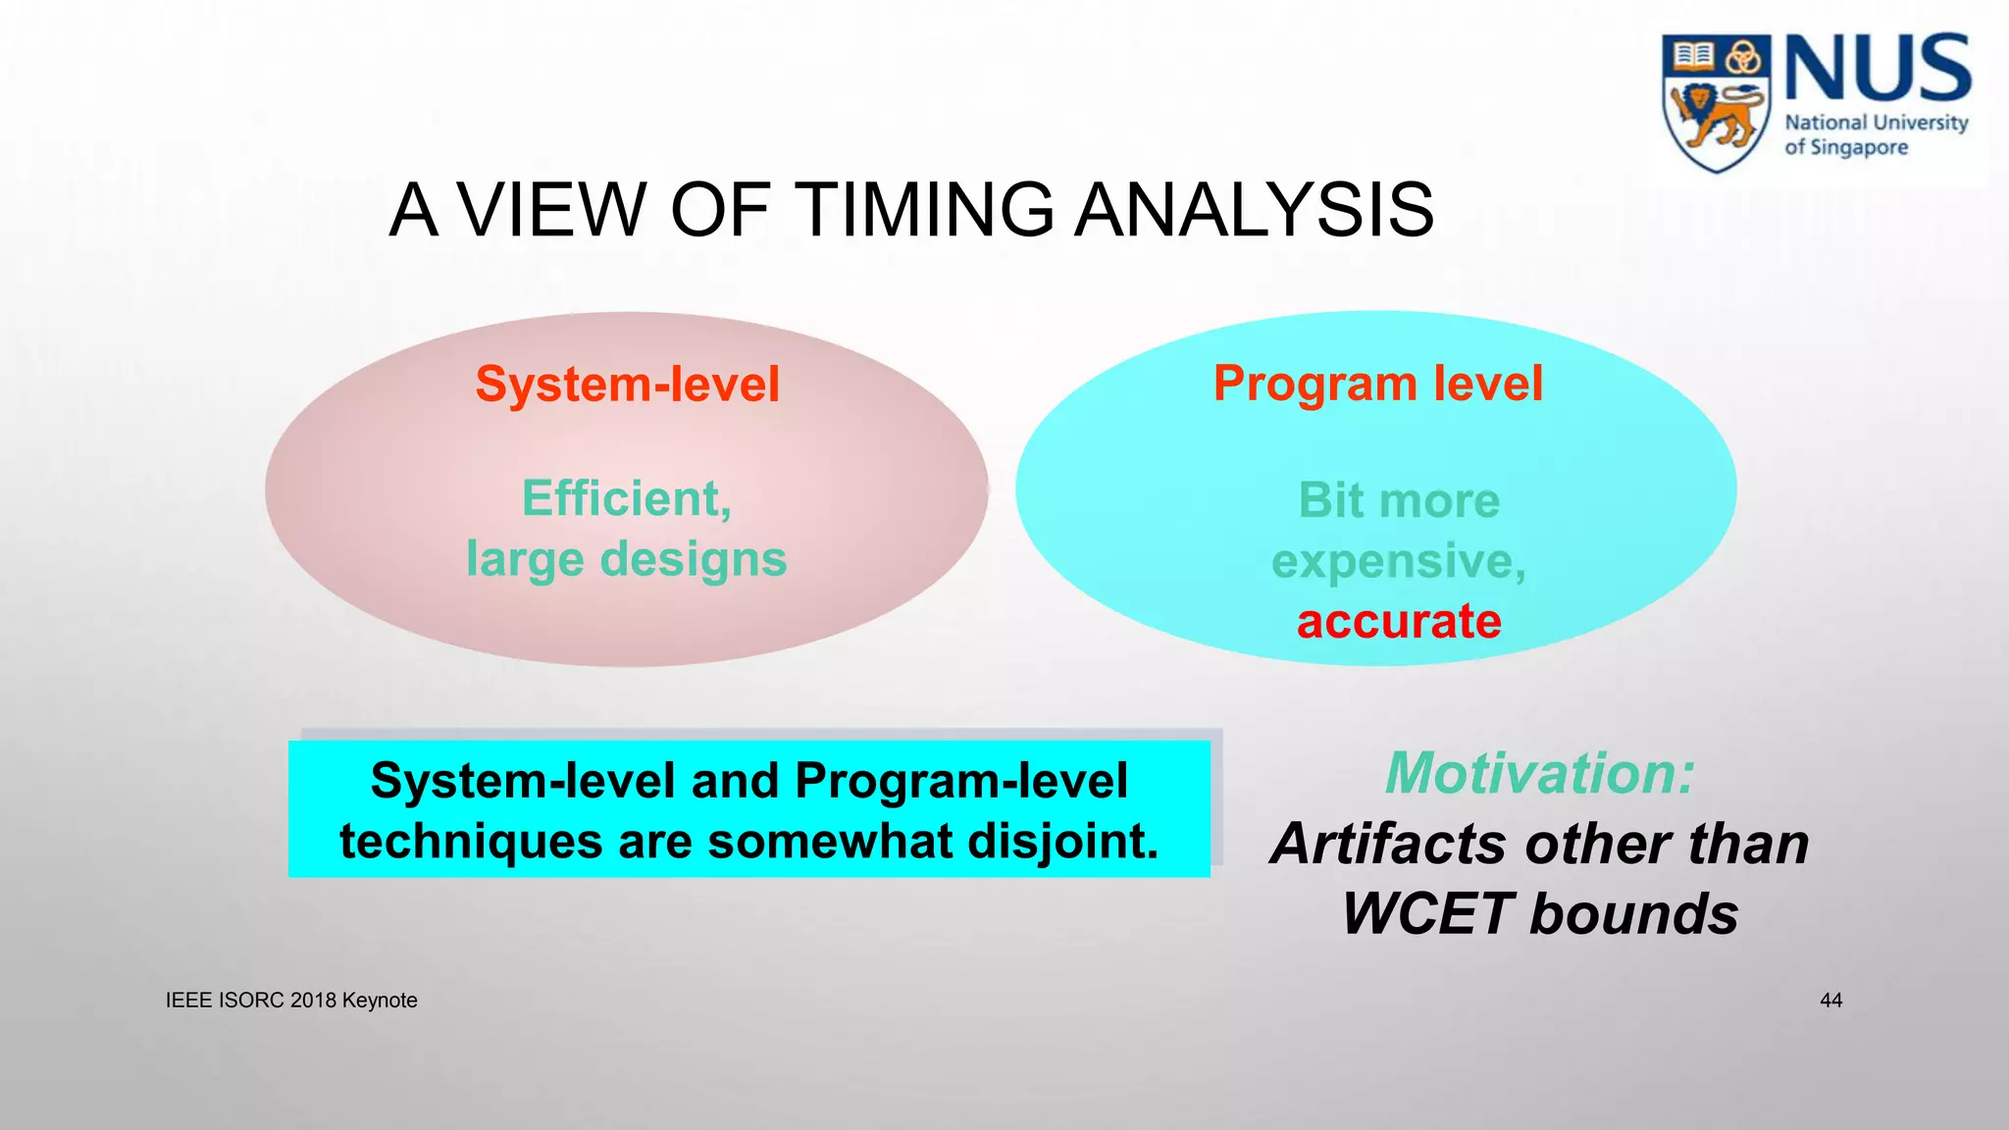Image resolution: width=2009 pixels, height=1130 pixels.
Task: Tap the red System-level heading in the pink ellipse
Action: [x=628, y=384]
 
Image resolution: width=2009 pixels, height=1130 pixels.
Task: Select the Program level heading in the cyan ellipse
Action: [x=1377, y=383]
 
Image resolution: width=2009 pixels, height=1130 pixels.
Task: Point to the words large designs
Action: [x=626, y=559]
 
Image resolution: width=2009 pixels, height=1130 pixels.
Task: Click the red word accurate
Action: [x=1399, y=621]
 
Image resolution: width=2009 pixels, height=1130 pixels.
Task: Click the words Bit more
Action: [x=1399, y=500]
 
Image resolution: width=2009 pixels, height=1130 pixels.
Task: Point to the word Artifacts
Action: [x=1387, y=844]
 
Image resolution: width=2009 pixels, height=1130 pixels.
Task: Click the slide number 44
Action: [x=1830, y=1001]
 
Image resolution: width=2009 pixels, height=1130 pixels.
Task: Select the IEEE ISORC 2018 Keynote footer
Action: [x=291, y=1001]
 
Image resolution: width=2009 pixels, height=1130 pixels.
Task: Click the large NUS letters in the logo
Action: [x=1877, y=69]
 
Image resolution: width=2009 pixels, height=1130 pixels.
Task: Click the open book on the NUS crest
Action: [x=1692, y=55]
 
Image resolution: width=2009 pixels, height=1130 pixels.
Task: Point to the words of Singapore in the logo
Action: [x=1845, y=148]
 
